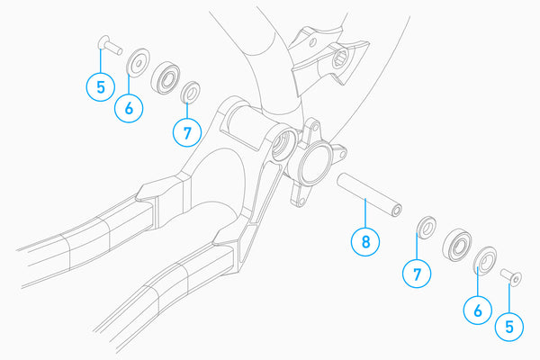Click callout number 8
pyautogui.click(x=364, y=241)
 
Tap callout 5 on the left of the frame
pyautogui.click(x=100, y=87)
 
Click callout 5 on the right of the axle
pyautogui.click(x=509, y=326)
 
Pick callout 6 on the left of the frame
pyautogui.click(x=129, y=108)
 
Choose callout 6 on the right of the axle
pyautogui.click(x=477, y=310)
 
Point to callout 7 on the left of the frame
pyautogui.click(x=186, y=133)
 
